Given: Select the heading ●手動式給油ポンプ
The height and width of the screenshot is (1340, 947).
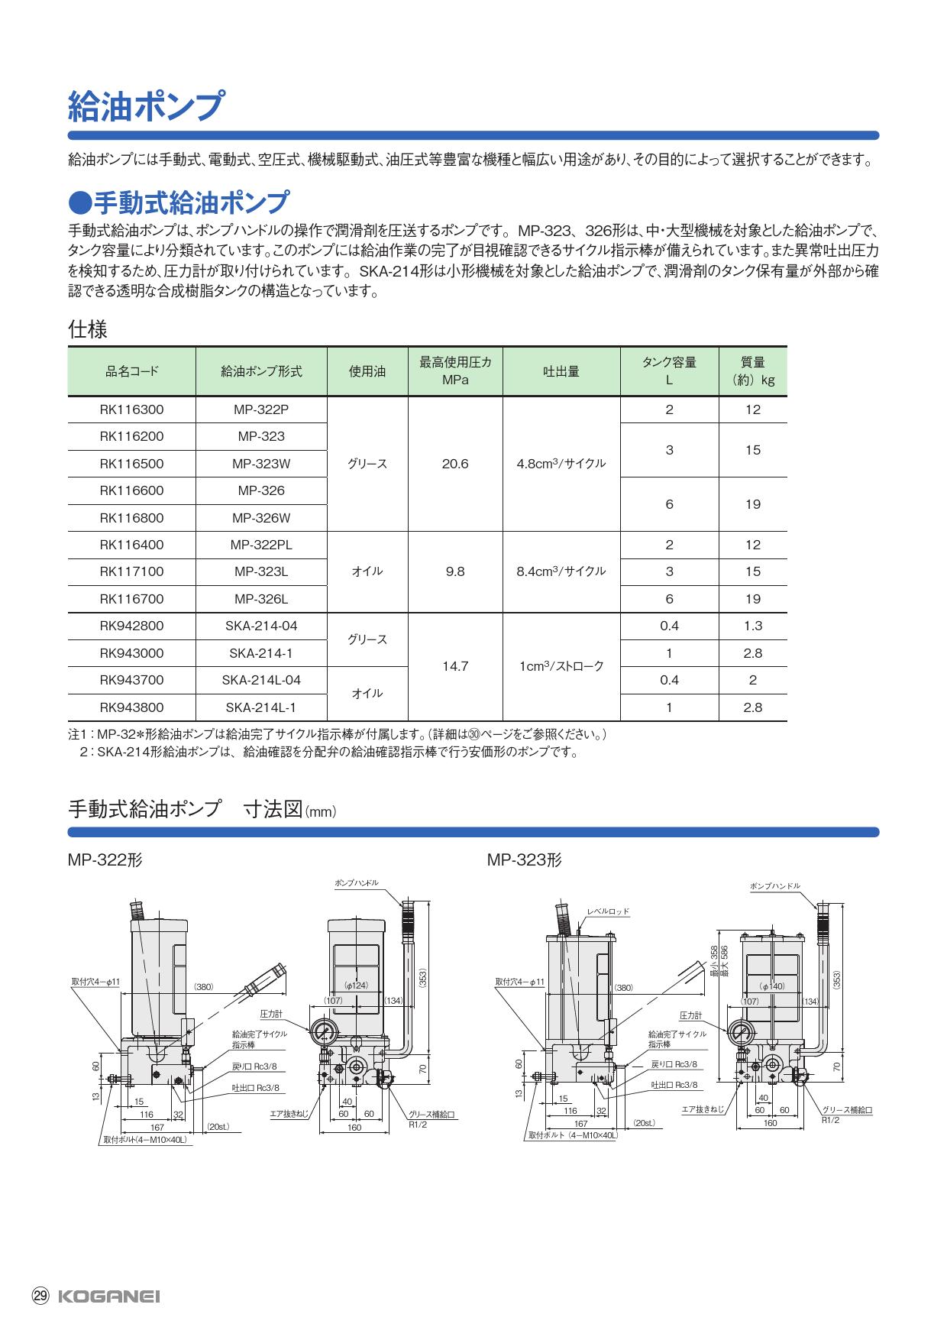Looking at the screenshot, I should point(179,202).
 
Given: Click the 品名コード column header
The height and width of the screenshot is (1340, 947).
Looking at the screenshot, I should point(131,371).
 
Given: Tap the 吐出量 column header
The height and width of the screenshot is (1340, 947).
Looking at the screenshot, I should point(561,371).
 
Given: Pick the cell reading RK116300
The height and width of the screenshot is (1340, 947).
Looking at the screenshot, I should point(131,409).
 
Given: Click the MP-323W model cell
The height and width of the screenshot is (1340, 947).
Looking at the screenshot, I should point(261,464).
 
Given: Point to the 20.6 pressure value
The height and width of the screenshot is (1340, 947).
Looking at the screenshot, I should point(454,464).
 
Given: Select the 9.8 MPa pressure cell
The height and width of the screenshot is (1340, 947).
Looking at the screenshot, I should point(454,571).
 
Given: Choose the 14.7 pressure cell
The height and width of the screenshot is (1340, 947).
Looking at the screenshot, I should point(454,667).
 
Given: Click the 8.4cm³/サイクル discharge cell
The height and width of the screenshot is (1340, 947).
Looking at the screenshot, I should point(561,571).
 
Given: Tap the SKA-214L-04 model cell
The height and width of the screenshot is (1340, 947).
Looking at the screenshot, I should point(261,680).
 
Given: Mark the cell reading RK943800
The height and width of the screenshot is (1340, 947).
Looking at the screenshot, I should point(131,707).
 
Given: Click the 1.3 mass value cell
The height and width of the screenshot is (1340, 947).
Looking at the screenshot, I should point(752,626).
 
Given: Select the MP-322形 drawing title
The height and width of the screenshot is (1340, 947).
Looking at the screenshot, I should point(105,860).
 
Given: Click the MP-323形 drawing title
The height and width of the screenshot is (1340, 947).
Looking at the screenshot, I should point(524,860).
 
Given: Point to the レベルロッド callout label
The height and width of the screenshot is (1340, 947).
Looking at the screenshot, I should point(608,911).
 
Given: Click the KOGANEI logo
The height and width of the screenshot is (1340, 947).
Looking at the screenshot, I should point(108,1296).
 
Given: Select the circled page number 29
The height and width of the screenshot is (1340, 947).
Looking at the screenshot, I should point(40,1296).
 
